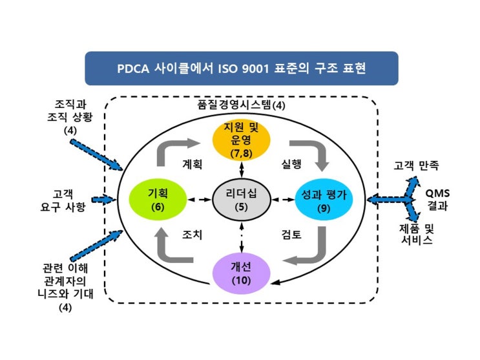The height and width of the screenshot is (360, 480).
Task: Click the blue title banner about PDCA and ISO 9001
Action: [x=241, y=69]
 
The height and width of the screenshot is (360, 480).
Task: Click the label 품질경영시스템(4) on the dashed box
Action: [x=240, y=105]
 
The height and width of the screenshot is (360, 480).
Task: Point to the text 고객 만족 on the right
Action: [x=417, y=165]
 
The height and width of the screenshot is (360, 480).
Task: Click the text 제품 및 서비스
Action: [x=416, y=233]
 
